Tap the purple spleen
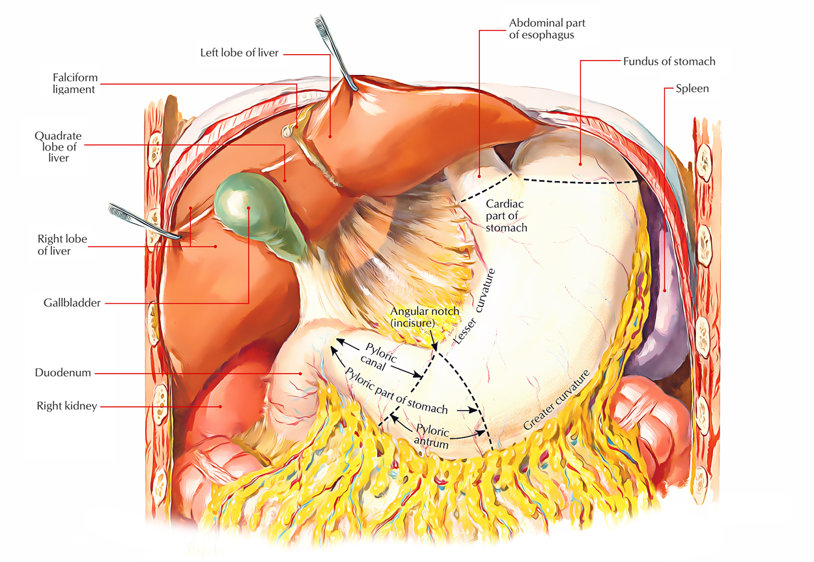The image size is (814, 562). coord(658,291)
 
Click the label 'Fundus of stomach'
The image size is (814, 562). coord(669,61)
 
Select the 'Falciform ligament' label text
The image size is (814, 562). coord(76,83)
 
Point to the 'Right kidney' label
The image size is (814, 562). coord(67,406)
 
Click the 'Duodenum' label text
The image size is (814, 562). coord(63,372)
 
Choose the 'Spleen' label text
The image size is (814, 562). coord(692,89)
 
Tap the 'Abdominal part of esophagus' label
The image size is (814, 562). coord(547,29)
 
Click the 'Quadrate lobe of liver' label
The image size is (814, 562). coord(58,147)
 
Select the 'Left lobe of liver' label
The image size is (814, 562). coord(239,53)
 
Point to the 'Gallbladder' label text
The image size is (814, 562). coord(72,303)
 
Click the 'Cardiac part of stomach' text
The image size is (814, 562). coord(506,216)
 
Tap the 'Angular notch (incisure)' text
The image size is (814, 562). coord(425,317)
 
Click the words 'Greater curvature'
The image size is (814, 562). coord(556,400)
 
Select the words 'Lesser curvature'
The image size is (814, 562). coord(474,306)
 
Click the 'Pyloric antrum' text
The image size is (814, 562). coord(432,437)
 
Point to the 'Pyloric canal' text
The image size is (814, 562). coord(378,357)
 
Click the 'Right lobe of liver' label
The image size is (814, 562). coord(62,244)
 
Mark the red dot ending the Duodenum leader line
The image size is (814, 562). coord(300,374)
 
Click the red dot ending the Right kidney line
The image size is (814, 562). coord(220,407)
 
